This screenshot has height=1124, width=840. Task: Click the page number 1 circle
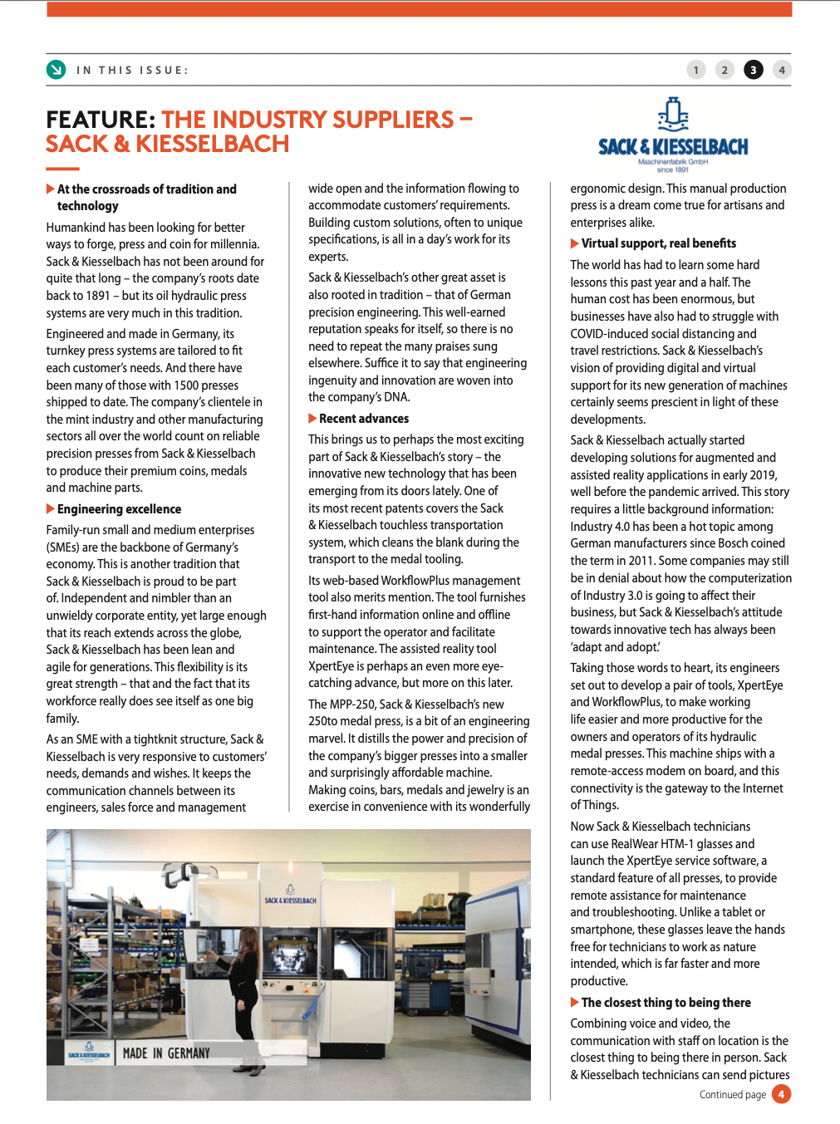pyautogui.click(x=696, y=70)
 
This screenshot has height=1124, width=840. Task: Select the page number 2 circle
pyautogui.click(x=725, y=70)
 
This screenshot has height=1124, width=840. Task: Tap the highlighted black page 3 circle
pyautogui.click(x=753, y=70)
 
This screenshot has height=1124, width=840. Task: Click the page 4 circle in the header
pyautogui.click(x=781, y=70)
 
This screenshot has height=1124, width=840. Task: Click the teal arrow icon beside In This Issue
pyautogui.click(x=56, y=70)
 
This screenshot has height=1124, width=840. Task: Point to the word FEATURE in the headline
pyautogui.click(x=101, y=120)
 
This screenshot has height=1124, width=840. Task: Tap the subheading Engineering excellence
pyautogui.click(x=119, y=509)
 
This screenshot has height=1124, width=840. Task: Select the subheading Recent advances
pyautogui.click(x=364, y=419)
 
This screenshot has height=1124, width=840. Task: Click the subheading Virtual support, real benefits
pyautogui.click(x=658, y=243)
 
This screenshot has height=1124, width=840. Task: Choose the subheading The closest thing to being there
pyautogui.click(x=666, y=1003)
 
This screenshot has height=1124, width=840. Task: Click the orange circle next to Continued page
pyautogui.click(x=781, y=1094)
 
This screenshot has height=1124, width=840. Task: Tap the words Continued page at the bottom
pyautogui.click(x=733, y=1095)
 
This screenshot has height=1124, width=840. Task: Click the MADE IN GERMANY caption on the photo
pyautogui.click(x=166, y=1053)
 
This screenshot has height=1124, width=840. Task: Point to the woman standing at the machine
pyautogui.click(x=247, y=980)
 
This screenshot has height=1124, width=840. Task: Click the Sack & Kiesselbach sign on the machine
pyautogui.click(x=290, y=900)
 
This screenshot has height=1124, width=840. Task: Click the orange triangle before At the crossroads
pyautogui.click(x=51, y=189)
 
